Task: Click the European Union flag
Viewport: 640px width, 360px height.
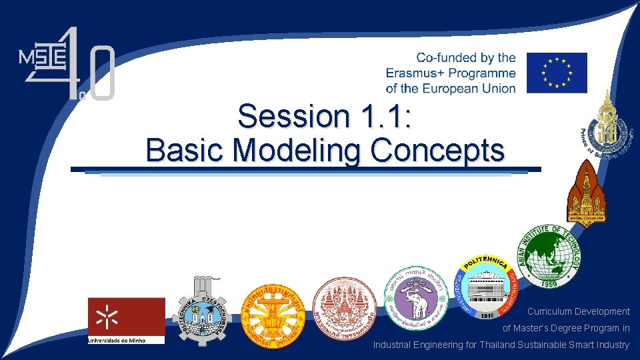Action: (x=557, y=73)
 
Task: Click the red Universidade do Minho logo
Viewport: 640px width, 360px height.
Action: (x=126, y=320)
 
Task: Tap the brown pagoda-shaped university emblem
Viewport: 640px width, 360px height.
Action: (x=587, y=193)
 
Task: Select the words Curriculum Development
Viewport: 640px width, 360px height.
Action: (x=578, y=311)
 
